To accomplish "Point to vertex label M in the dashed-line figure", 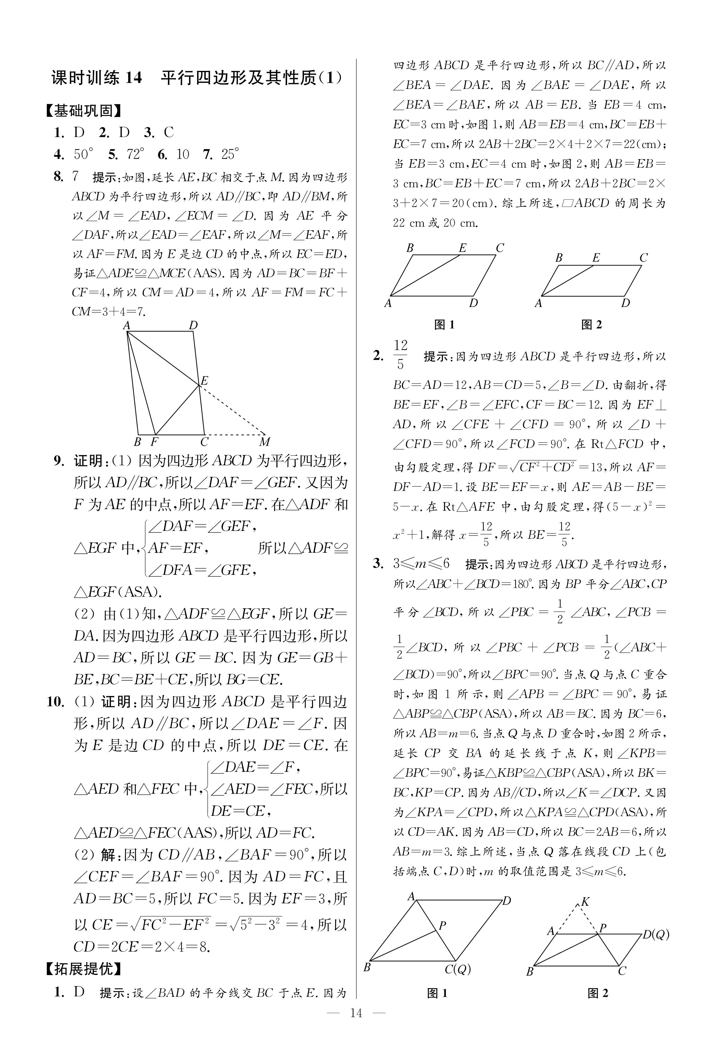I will (264, 442).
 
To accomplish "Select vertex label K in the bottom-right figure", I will (586, 901).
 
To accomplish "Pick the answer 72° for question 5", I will (135, 155).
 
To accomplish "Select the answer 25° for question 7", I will (230, 155).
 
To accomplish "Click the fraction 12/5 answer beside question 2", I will (400, 355).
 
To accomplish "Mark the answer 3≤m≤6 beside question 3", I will (422, 564).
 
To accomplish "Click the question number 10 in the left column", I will (56, 701).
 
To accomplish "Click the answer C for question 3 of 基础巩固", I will (169, 133).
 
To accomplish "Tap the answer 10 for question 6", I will (182, 155).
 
